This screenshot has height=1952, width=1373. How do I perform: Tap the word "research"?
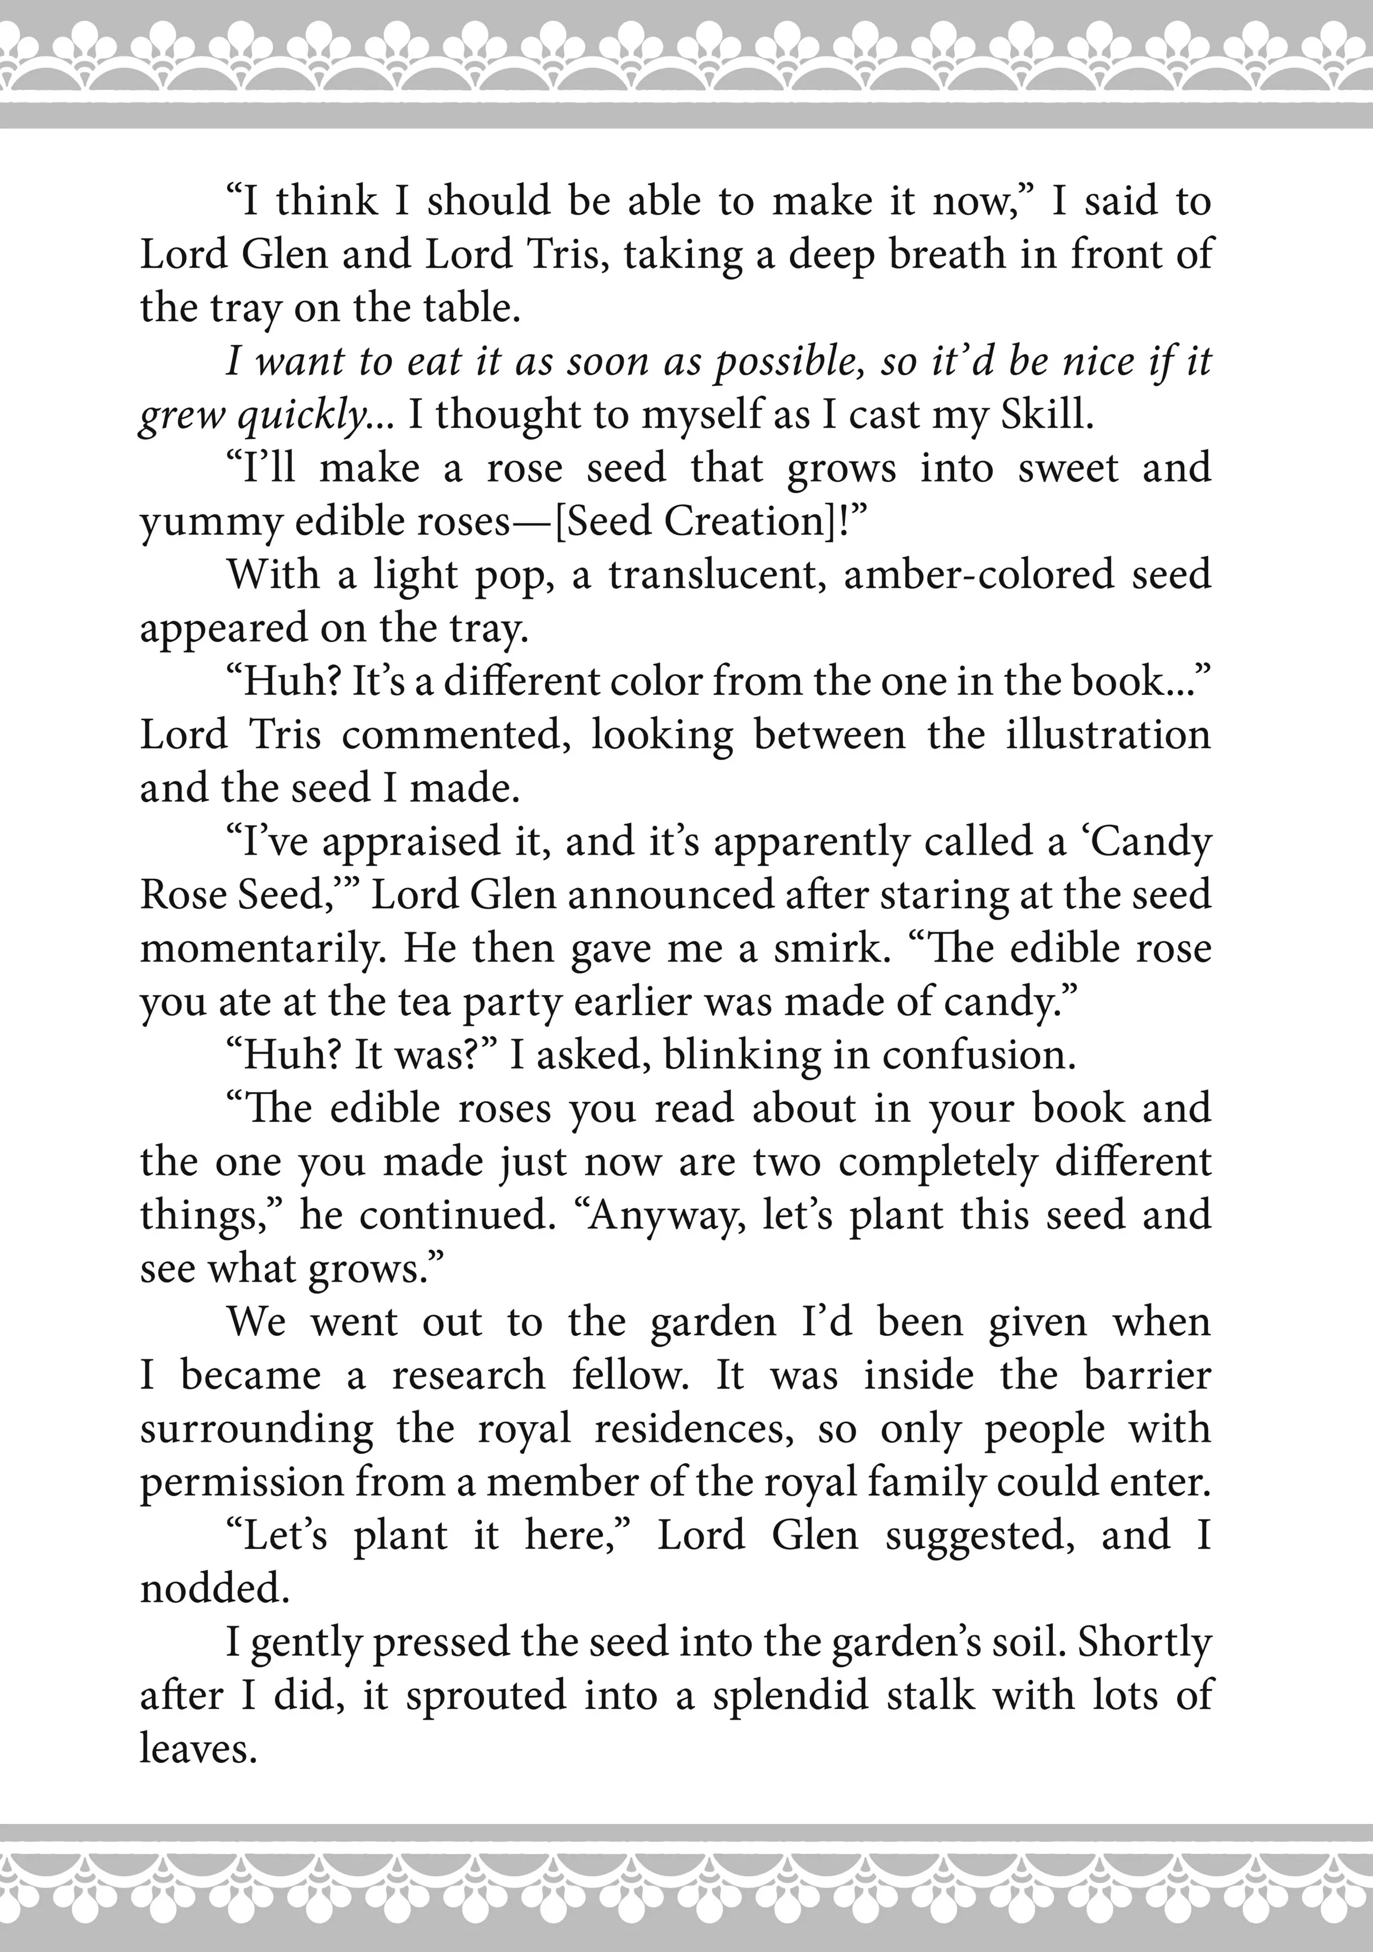pyautogui.click(x=468, y=1376)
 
